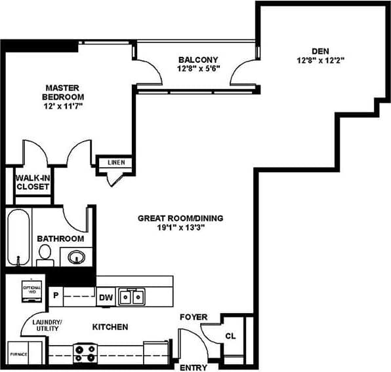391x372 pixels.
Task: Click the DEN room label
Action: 320,50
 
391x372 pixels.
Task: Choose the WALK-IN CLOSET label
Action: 33,181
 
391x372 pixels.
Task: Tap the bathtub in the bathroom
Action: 19,237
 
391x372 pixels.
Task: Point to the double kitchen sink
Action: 131,297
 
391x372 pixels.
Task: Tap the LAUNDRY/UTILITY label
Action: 47,326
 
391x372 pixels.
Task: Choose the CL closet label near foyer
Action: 231,337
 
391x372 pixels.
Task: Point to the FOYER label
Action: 194,318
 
